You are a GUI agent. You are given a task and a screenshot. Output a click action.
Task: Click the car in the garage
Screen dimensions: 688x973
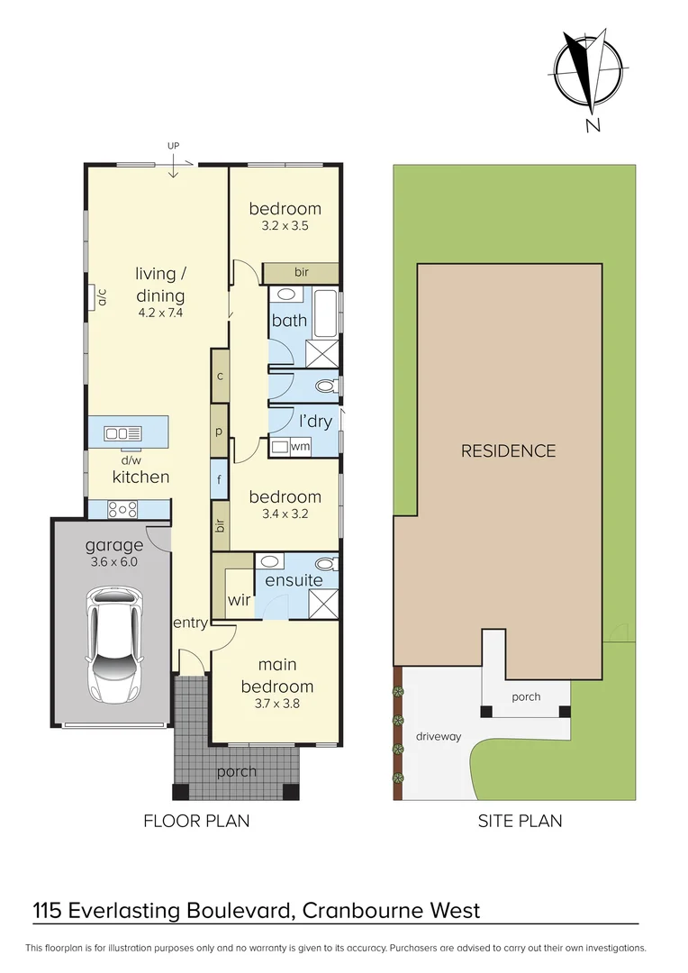point(114,646)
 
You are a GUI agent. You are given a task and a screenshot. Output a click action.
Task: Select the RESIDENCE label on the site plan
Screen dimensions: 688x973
point(508,450)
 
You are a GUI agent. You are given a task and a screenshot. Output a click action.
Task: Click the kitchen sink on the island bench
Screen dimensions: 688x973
point(122,433)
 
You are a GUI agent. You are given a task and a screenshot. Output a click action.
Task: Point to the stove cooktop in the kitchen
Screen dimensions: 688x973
point(122,509)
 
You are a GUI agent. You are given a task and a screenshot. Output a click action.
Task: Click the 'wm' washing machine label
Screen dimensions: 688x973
point(300,446)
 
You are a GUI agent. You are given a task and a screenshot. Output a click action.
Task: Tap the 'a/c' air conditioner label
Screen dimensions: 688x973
point(103,297)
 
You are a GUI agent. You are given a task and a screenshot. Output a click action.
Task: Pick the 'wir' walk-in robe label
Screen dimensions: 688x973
point(239,600)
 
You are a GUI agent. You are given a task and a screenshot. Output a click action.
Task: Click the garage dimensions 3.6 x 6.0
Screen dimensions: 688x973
point(114,562)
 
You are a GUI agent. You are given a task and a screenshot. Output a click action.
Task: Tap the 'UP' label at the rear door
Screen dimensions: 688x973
point(173,146)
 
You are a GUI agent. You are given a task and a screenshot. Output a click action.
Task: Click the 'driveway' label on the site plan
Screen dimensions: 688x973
point(439,737)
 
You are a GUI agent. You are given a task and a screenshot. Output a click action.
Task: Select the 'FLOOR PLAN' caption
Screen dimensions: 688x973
point(196,821)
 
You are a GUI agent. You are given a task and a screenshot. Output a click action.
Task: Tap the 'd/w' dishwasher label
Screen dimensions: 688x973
point(131,460)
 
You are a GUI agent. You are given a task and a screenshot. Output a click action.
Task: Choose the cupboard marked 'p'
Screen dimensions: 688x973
point(219,431)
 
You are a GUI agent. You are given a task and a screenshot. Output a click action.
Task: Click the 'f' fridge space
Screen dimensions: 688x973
point(219,479)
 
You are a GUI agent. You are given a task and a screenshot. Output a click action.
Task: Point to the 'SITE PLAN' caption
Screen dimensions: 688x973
point(520,821)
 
